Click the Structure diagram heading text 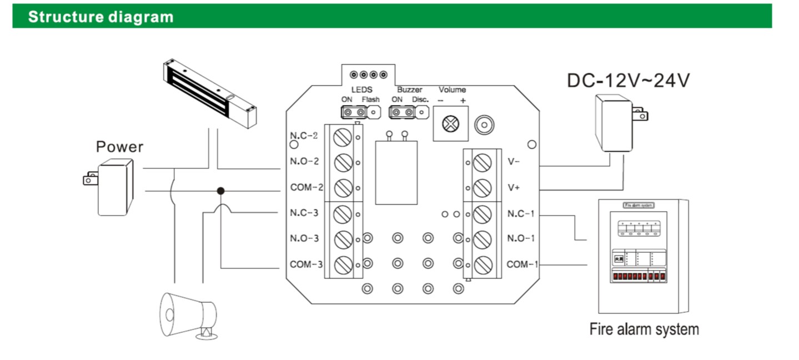(100, 17)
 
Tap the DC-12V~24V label (627, 81)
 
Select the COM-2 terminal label (306, 187)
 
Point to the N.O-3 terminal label (304, 238)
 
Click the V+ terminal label (514, 188)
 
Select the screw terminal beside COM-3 (344, 264)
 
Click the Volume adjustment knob (451, 124)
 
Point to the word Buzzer (409, 89)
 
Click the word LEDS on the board (361, 89)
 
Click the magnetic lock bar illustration (210, 92)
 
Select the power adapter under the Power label (113, 186)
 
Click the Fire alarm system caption (644, 329)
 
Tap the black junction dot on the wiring (220, 191)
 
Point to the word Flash (370, 99)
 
